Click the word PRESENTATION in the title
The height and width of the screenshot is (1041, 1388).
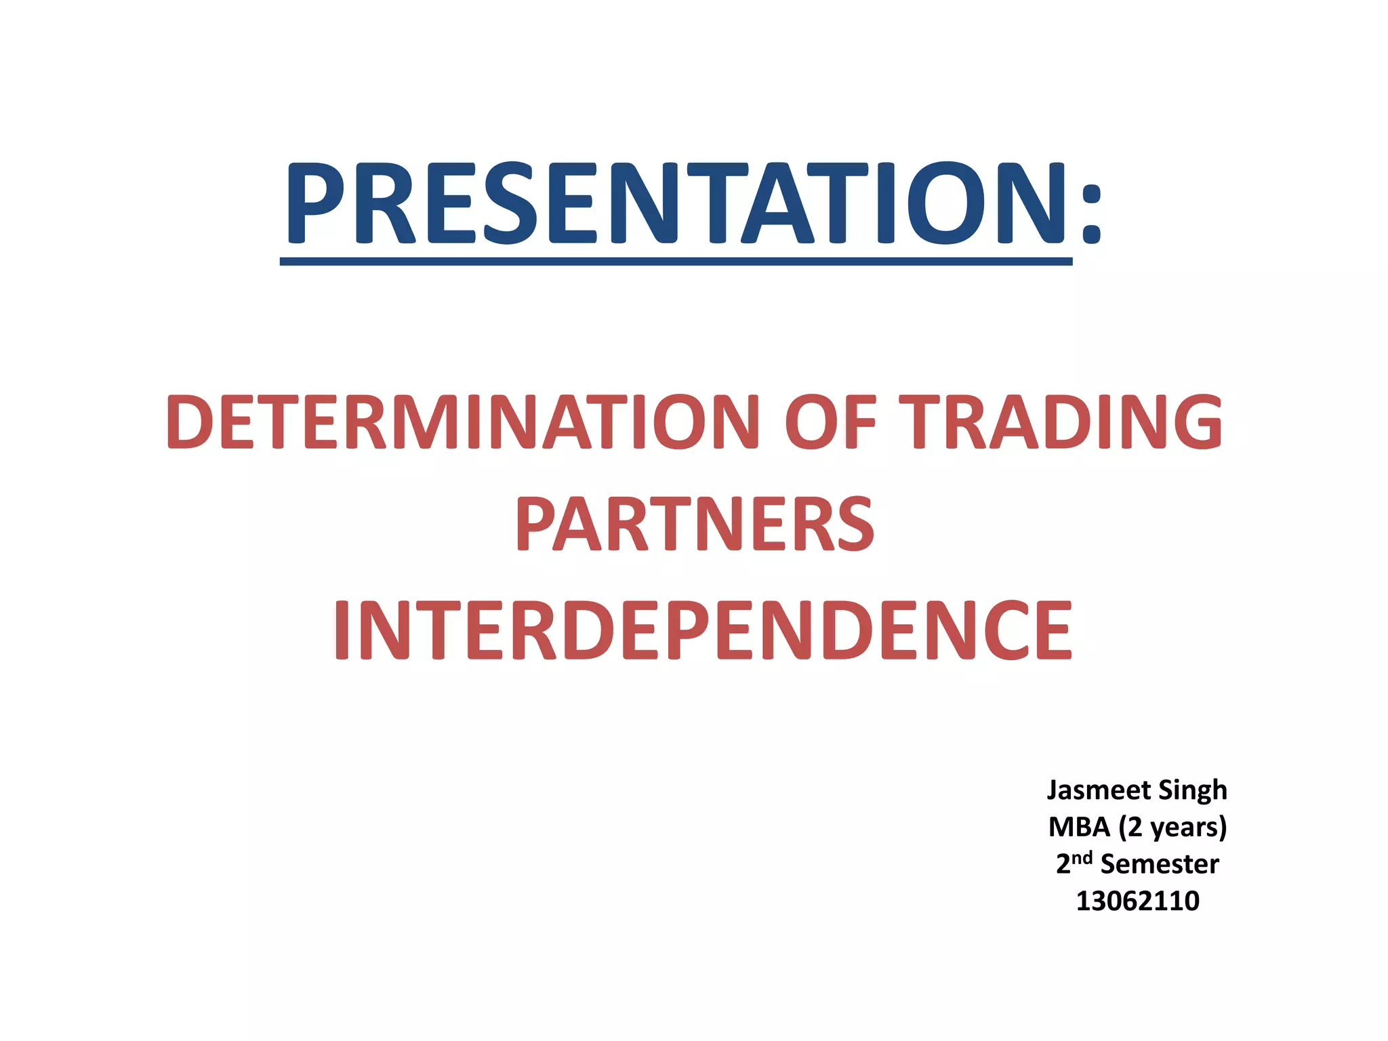point(676,203)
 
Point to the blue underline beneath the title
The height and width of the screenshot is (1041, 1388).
point(676,262)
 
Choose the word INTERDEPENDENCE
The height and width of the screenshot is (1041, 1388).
point(702,630)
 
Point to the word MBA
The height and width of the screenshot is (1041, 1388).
point(1079,828)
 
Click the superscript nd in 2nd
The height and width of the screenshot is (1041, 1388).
point(1082,857)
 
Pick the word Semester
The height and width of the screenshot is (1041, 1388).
point(1160,864)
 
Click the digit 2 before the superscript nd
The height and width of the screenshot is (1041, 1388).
point(1063,865)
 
